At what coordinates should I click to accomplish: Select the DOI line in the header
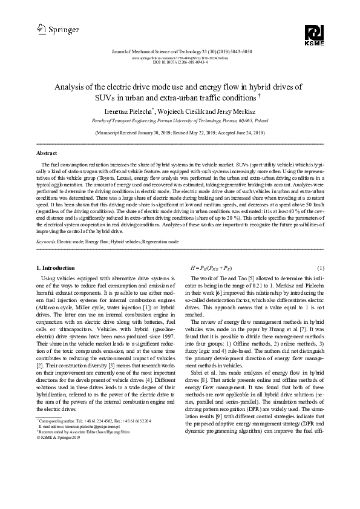180,62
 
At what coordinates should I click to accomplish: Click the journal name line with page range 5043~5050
180,52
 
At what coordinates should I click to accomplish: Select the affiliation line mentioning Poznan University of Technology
180,120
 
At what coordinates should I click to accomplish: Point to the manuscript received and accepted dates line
180,131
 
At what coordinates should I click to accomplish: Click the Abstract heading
47,153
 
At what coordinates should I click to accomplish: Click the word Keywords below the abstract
47,241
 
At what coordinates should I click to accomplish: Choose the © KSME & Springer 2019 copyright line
61,437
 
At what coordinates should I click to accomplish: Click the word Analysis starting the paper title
69,87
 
